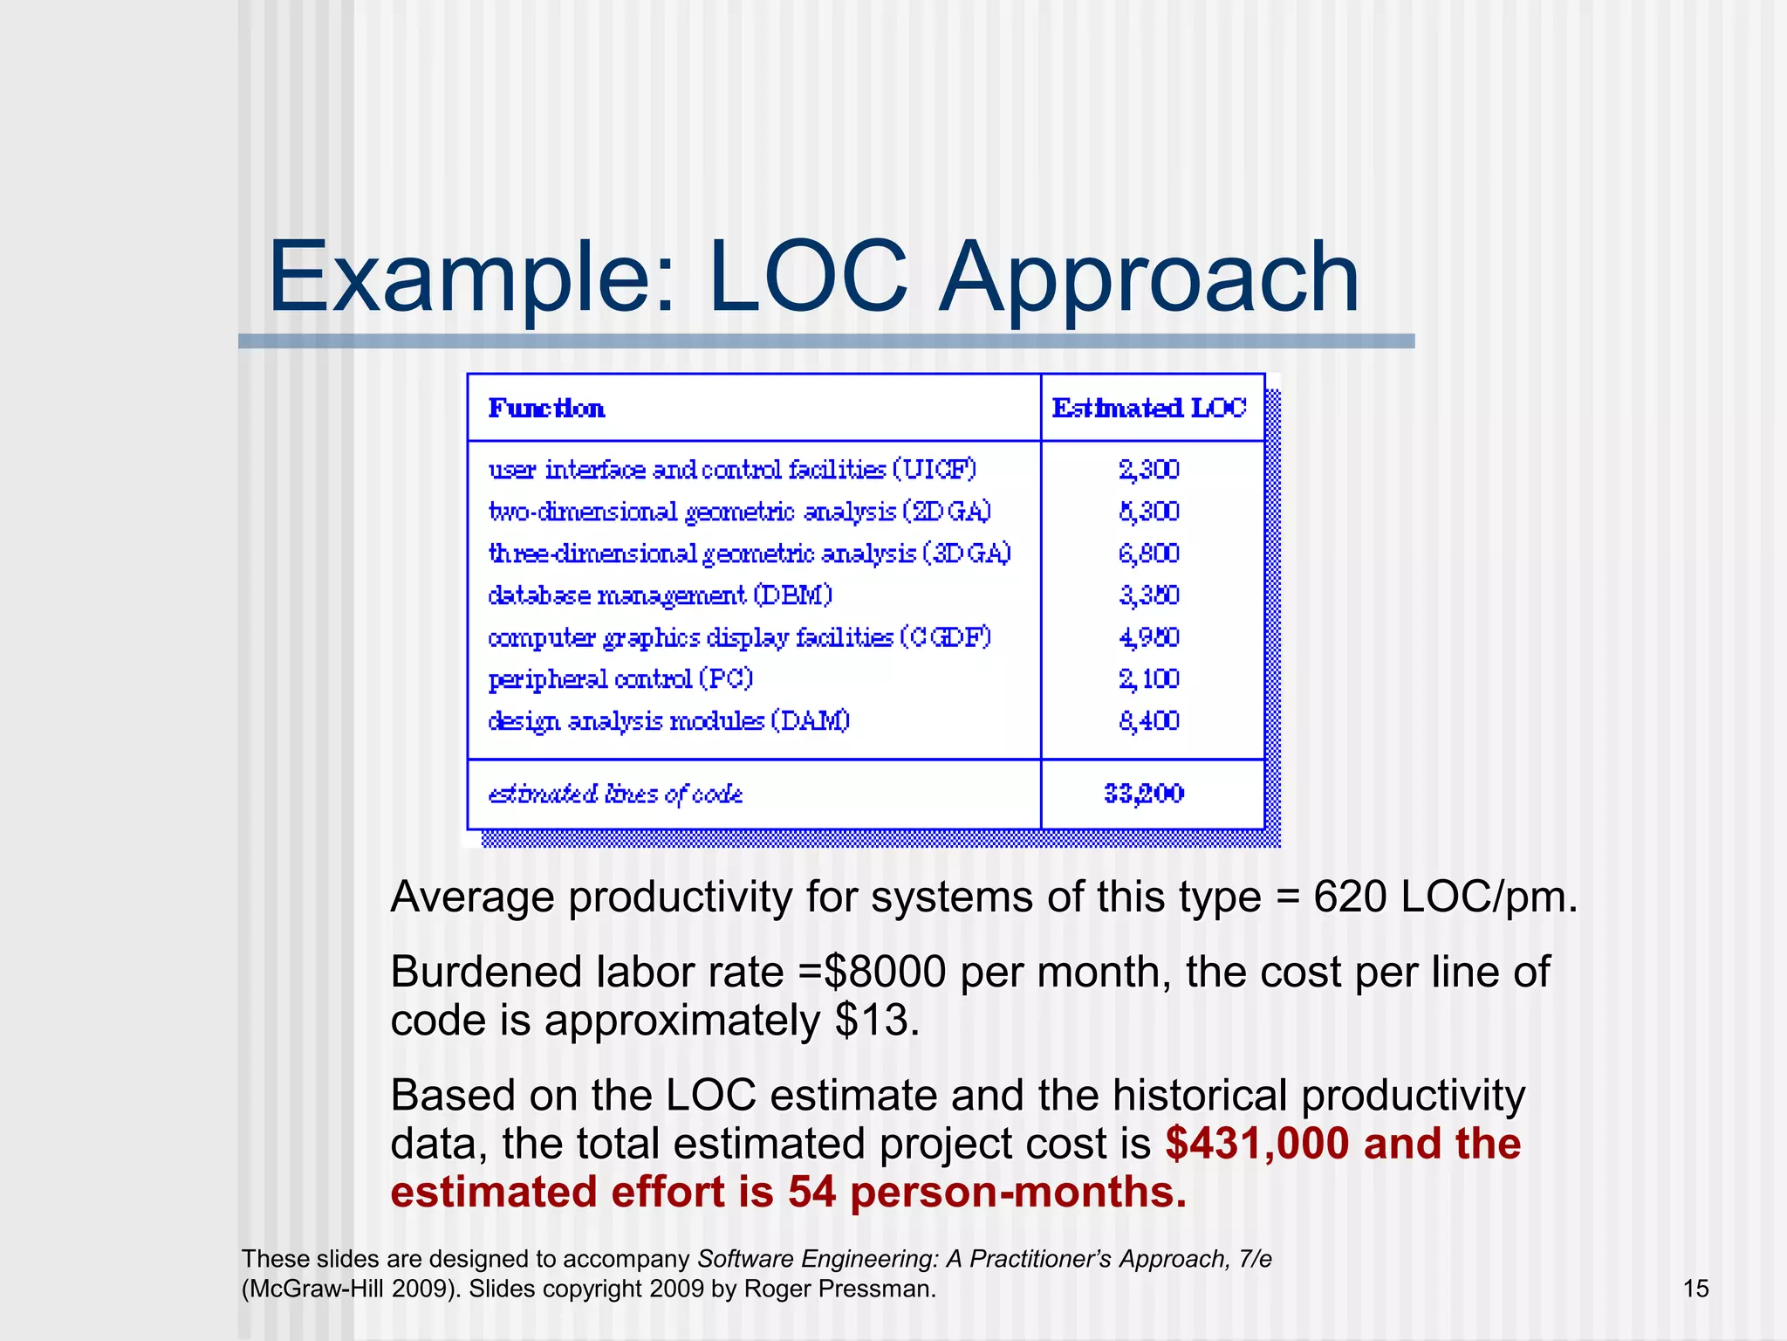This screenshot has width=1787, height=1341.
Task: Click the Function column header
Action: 546,408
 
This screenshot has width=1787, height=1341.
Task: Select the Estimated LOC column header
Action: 1149,408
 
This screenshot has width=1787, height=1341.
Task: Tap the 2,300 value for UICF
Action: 1149,470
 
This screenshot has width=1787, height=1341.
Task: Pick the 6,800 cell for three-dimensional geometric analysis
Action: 1149,554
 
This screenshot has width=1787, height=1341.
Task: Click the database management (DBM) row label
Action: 661,595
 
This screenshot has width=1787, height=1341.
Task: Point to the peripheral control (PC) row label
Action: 620,679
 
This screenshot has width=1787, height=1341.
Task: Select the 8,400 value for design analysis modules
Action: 1149,721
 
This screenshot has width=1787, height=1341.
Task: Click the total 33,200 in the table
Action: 1144,794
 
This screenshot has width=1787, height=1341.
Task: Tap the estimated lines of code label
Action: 615,794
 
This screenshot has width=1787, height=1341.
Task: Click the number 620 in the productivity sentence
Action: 1349,897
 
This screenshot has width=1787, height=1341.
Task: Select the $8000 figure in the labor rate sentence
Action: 884,972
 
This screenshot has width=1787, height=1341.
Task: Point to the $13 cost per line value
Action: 872,1021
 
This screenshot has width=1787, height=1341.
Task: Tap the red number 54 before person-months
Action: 812,1193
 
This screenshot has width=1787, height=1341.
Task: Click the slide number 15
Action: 1695,1289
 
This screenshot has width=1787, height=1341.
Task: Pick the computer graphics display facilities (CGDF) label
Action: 740,637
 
